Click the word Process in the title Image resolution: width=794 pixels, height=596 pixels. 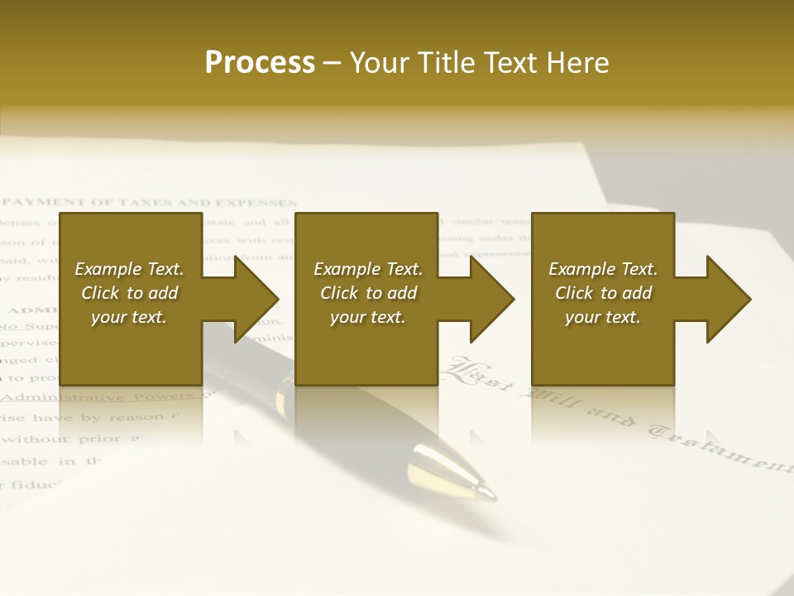[260, 63]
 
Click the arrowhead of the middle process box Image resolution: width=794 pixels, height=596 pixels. [492, 299]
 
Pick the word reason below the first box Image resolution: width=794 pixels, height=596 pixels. [136, 418]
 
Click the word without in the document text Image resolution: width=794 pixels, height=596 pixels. [40, 440]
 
